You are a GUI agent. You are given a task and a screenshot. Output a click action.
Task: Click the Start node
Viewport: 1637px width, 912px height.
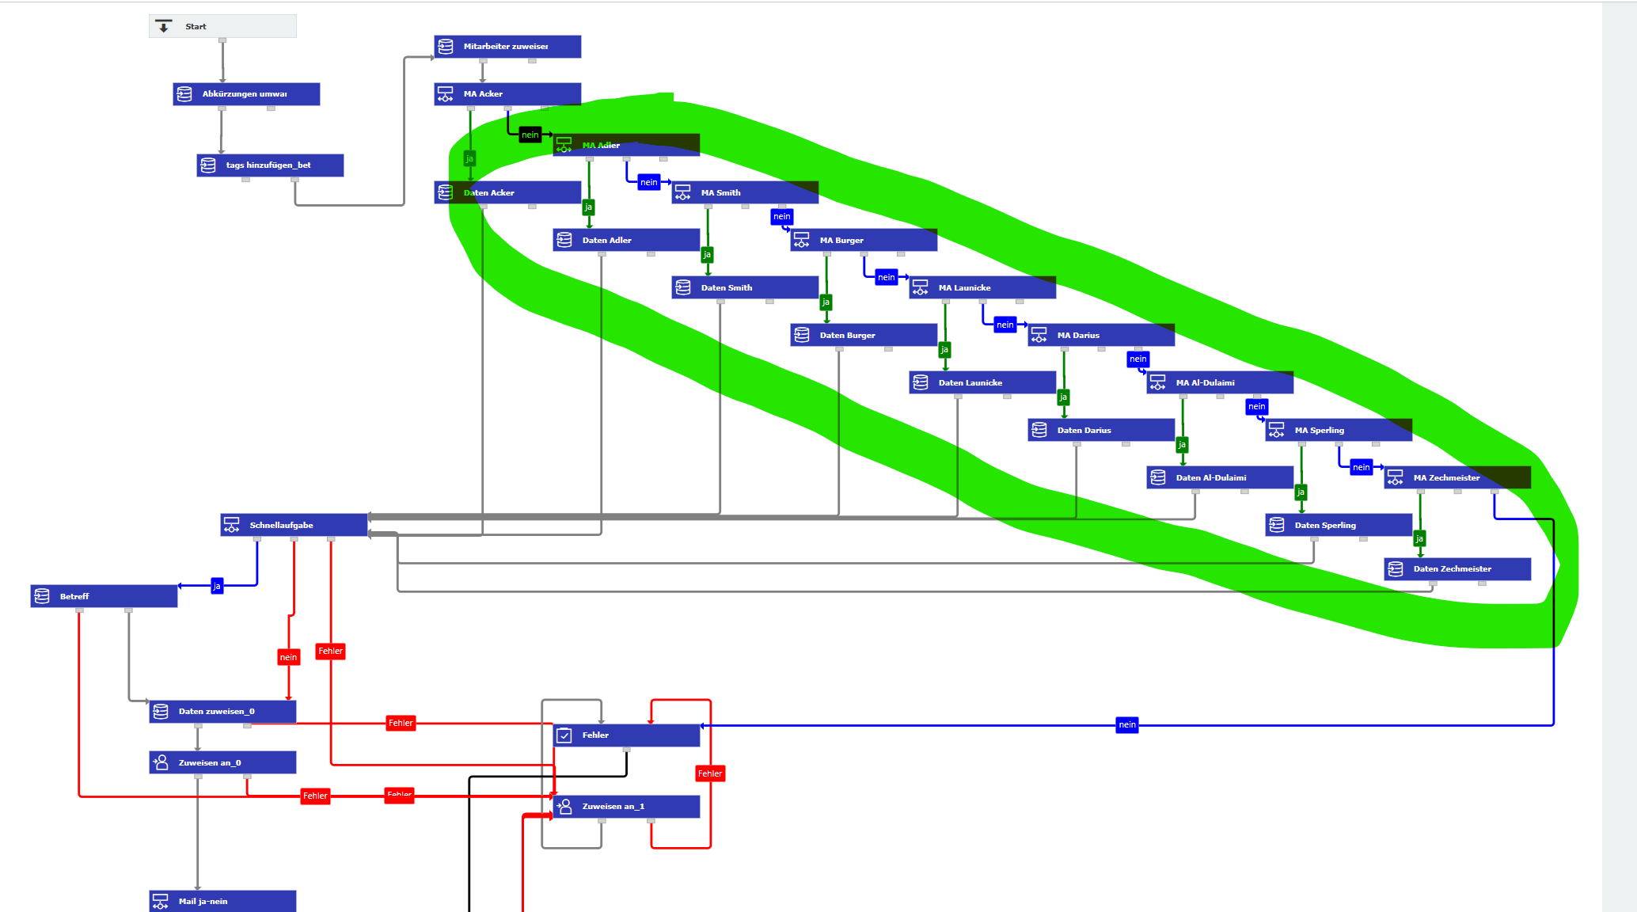click(222, 26)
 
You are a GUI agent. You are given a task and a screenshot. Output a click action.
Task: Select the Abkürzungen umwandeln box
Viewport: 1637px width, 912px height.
click(246, 94)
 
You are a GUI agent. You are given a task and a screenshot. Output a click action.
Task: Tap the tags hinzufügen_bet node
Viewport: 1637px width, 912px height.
click(270, 165)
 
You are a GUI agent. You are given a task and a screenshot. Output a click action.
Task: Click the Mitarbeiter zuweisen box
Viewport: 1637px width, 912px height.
click(507, 47)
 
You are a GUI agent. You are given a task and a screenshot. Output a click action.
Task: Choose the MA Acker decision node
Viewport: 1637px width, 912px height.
click(507, 94)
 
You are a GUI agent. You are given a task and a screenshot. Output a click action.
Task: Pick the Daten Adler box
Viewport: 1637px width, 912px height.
click(626, 240)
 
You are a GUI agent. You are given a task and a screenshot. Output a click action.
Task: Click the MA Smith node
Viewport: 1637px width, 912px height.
click(745, 192)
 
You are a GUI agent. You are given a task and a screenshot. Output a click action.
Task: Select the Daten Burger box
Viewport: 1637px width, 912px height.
click(864, 335)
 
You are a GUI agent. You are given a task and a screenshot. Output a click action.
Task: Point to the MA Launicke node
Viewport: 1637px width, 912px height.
click(982, 287)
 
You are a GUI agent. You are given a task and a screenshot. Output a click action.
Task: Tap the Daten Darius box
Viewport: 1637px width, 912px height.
click(1101, 430)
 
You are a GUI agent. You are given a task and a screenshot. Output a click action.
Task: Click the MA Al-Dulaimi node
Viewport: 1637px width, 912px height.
click(1220, 382)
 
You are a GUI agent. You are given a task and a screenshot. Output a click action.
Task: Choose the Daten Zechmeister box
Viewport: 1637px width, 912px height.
click(1457, 568)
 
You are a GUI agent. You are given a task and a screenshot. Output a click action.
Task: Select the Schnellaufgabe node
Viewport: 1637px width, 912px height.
click(294, 525)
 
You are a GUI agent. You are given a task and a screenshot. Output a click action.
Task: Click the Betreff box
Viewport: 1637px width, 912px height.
click(104, 596)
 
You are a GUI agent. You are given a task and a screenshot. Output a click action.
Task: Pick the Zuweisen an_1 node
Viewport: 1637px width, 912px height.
click(626, 806)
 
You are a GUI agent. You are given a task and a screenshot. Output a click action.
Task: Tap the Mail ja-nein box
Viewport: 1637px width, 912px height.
click(222, 901)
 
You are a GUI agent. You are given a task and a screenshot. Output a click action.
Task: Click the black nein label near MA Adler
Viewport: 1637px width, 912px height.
click(530, 135)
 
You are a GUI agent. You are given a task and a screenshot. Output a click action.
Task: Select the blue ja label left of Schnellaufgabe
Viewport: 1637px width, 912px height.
click(217, 586)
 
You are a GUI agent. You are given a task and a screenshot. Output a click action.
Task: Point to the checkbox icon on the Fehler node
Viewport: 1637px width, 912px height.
click(564, 735)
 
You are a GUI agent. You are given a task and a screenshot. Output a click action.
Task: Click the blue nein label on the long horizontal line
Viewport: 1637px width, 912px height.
click(1127, 724)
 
